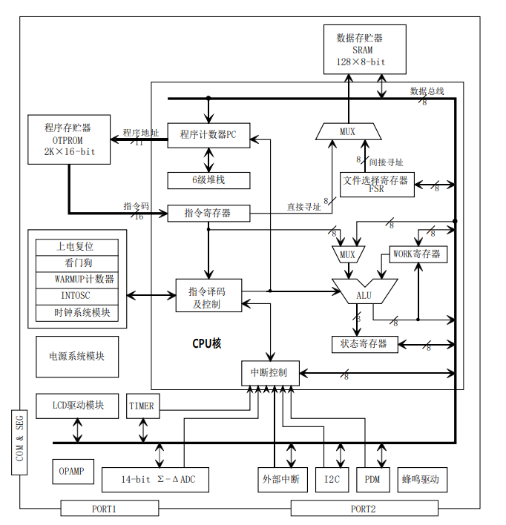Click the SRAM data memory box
(361, 49)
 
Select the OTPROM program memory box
(69, 139)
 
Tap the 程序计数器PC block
(208, 134)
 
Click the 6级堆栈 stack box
(208, 179)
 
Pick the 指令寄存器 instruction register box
(208, 213)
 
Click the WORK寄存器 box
(417, 254)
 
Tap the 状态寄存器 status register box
(364, 344)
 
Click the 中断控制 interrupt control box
(269, 372)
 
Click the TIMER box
(142, 406)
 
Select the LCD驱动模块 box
(78, 406)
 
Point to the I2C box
(332, 480)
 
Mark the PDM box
(372, 480)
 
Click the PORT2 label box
(364, 509)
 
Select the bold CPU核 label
(207, 343)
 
